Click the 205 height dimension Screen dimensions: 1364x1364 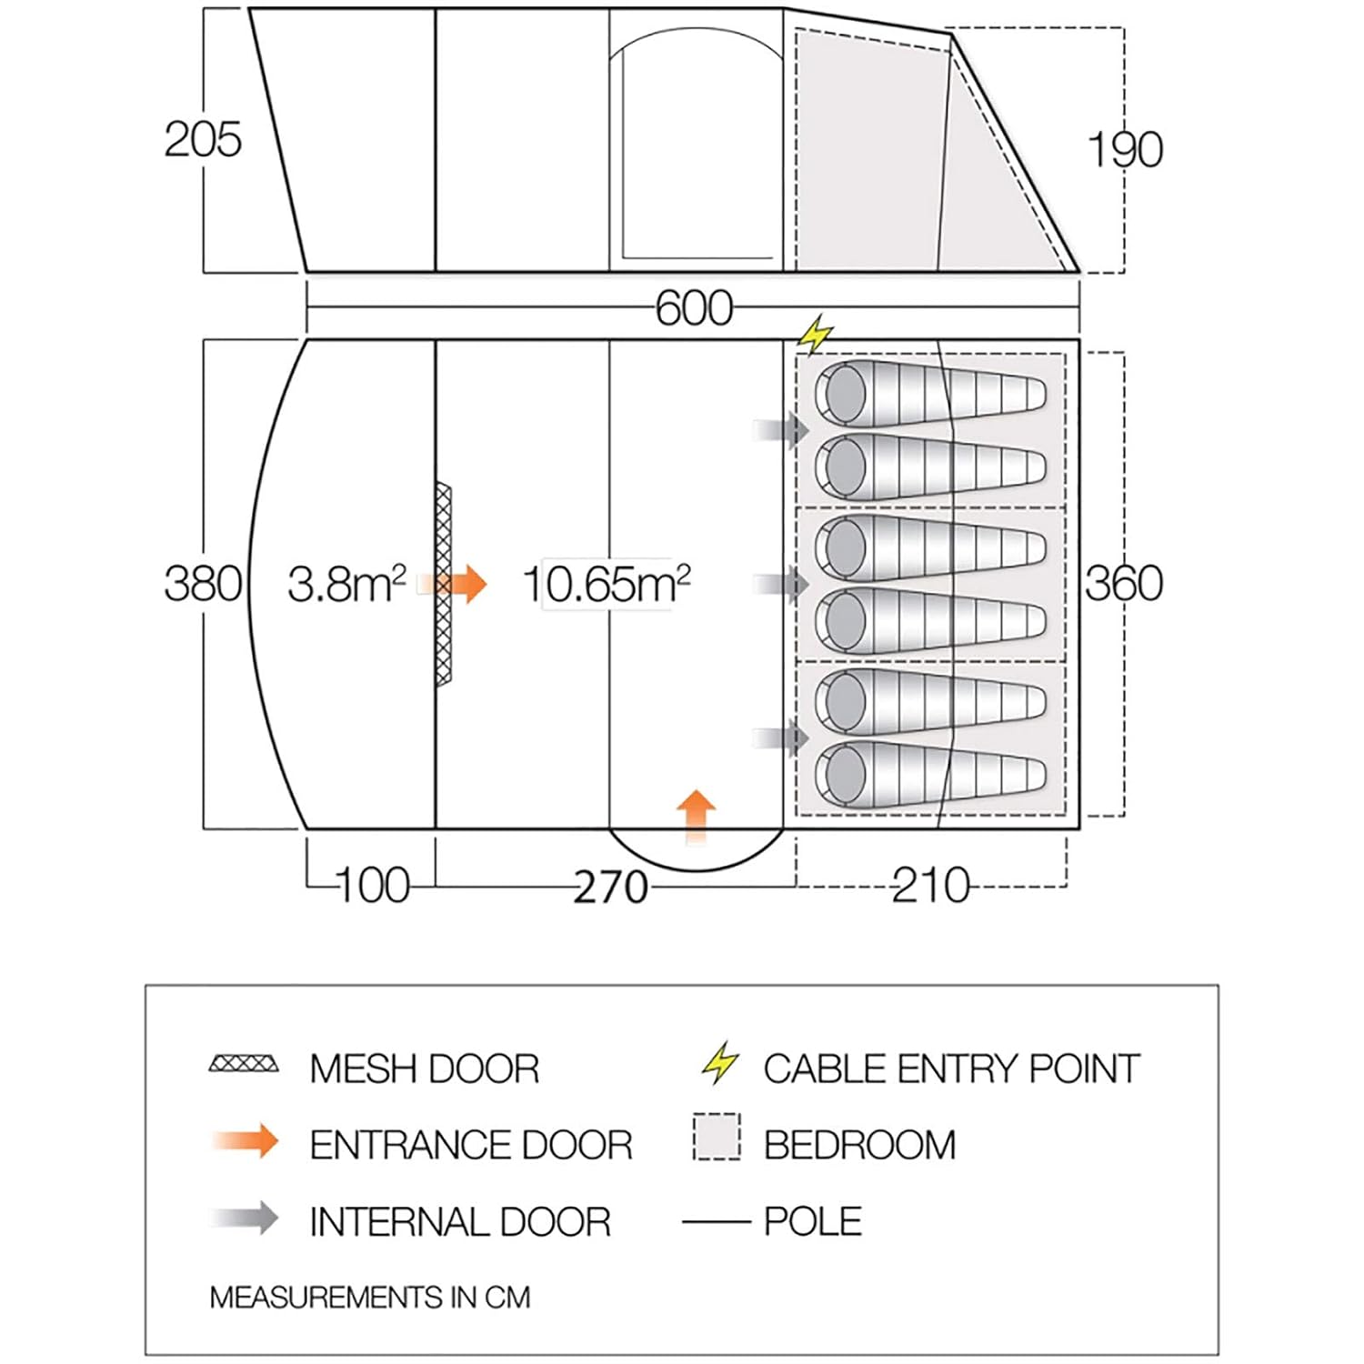(x=202, y=140)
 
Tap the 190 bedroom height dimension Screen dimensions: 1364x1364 (x=1125, y=150)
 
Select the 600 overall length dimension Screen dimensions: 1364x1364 (x=694, y=308)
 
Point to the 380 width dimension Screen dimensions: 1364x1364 (x=202, y=583)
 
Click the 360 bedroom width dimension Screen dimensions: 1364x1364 (x=1124, y=583)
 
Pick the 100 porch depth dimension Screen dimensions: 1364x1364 (x=373, y=885)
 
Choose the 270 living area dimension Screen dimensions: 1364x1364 (x=610, y=887)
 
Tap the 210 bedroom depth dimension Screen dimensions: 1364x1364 (x=930, y=885)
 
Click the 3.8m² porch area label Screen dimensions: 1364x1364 (x=346, y=584)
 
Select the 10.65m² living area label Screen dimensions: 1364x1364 (x=607, y=584)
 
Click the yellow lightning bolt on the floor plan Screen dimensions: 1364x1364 (x=815, y=334)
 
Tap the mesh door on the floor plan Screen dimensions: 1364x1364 (x=443, y=585)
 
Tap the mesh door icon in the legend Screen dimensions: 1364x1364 (x=244, y=1064)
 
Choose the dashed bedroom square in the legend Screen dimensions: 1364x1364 (x=717, y=1137)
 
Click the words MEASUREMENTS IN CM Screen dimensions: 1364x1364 (x=369, y=1297)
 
